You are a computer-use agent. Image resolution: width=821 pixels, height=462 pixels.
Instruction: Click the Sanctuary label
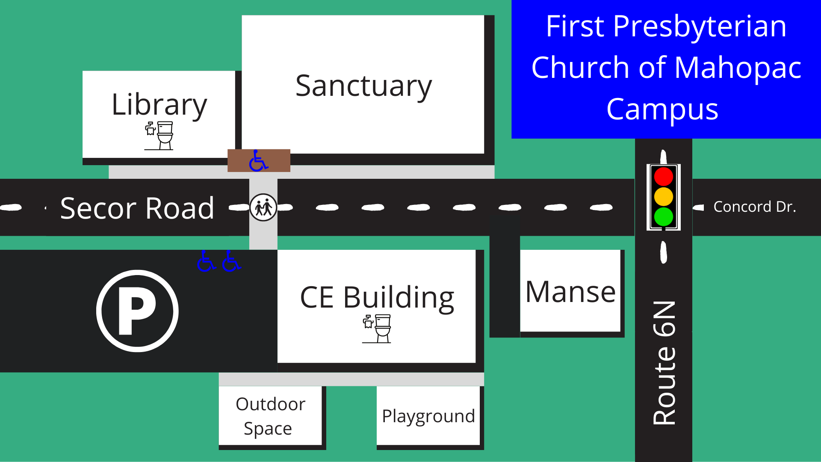point(363,86)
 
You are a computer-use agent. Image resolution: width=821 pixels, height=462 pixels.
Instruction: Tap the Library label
point(159,105)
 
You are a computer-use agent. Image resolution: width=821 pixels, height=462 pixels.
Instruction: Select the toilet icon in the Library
point(159,135)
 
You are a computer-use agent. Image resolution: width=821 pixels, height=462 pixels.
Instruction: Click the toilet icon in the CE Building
point(377,329)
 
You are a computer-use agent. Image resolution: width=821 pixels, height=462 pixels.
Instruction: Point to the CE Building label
point(377,297)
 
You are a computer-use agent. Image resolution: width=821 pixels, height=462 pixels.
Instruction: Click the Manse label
point(570,292)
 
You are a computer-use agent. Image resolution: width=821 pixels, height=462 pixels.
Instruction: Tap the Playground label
point(428,416)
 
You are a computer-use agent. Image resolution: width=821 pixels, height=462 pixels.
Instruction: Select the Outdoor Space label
point(270,416)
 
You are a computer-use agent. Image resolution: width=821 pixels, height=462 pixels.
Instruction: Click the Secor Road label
point(137,208)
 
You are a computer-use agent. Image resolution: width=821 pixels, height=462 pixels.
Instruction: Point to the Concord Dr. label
point(755,207)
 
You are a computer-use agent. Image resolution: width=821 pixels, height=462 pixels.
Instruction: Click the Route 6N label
point(664,363)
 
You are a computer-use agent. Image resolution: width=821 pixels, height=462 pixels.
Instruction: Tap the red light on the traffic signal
point(664,177)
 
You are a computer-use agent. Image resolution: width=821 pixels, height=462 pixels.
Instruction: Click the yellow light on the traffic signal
point(664,196)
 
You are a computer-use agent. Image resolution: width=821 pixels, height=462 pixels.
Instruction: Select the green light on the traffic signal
point(664,216)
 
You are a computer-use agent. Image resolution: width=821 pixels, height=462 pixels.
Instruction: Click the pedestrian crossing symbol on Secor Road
point(263,207)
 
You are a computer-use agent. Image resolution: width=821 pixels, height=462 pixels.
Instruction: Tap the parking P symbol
point(137,311)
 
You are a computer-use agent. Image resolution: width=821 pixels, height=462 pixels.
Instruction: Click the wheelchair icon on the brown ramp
point(258,160)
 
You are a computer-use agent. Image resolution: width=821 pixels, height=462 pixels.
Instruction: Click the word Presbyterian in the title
point(700,27)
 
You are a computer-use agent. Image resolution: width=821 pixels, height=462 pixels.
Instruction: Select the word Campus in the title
point(662,109)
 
